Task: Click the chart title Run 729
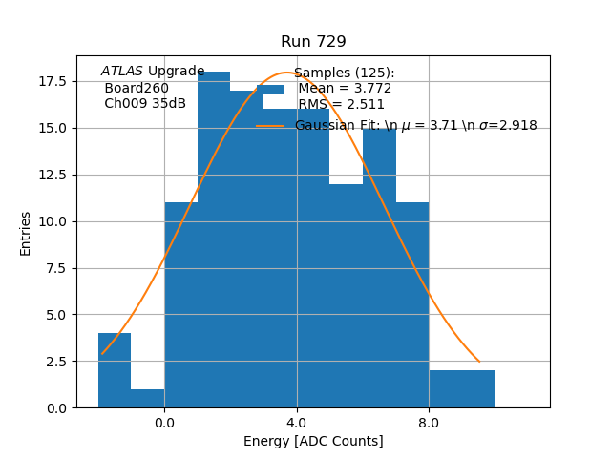point(313,42)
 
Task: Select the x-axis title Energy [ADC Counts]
point(313,441)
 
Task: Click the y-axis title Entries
point(26,233)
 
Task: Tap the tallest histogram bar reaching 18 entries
point(214,239)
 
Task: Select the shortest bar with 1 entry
point(148,398)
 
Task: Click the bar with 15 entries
point(379,267)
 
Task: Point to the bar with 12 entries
point(347,296)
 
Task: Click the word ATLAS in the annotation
point(121,72)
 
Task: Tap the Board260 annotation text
point(137,88)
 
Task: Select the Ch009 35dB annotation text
point(145,104)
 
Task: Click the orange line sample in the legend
point(270,126)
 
